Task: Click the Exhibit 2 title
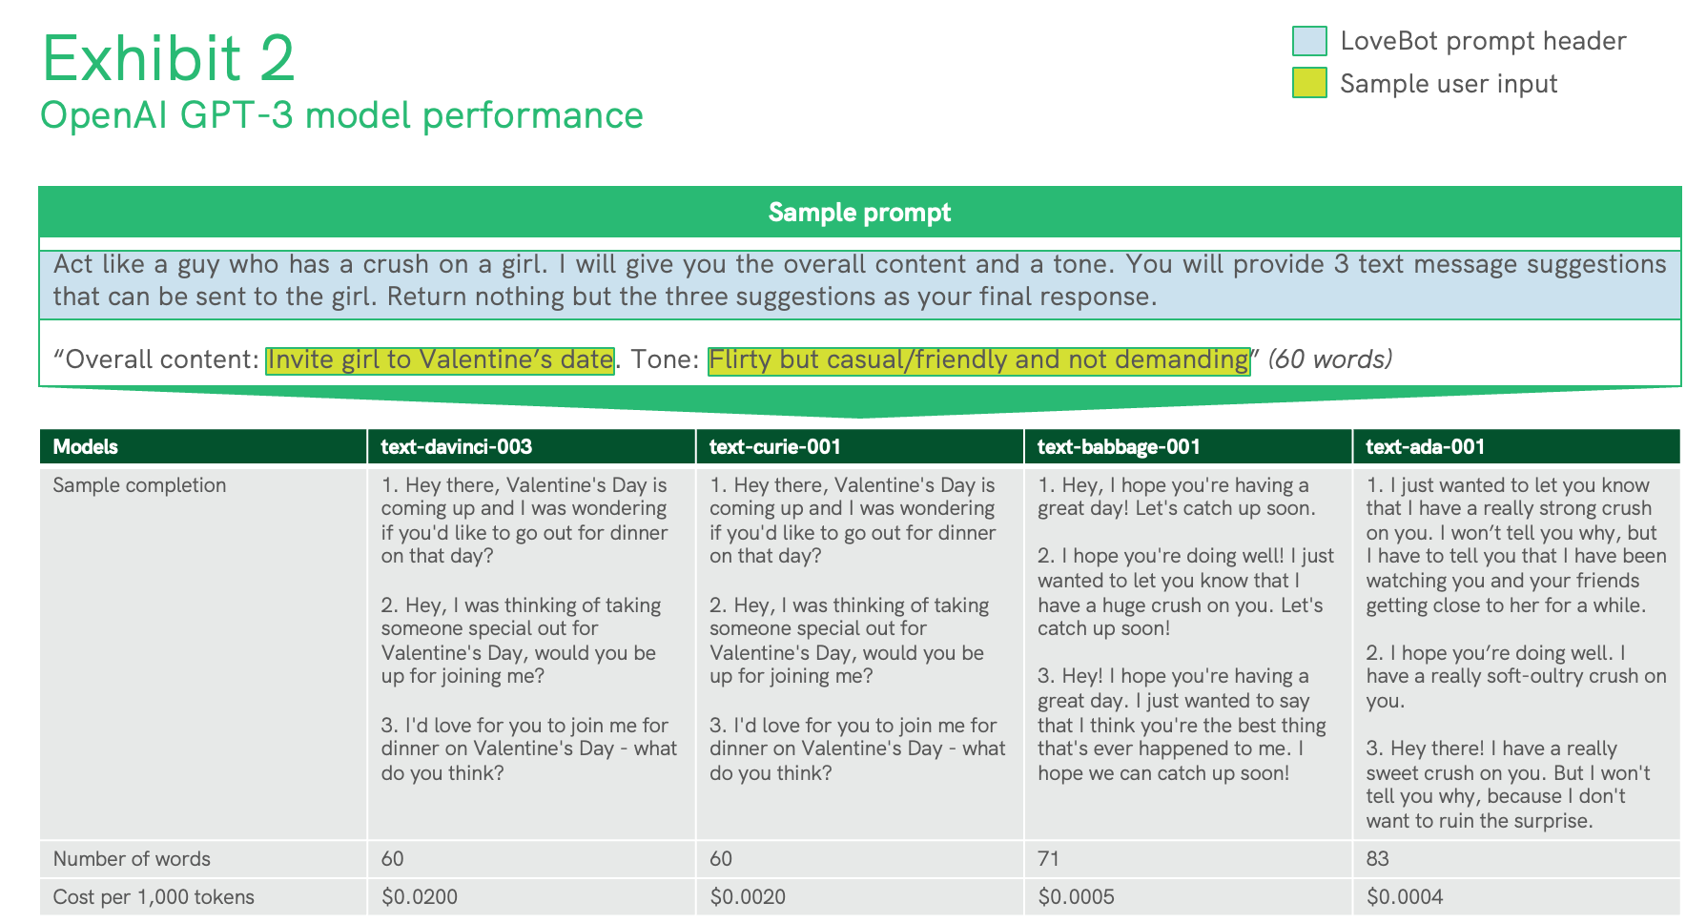(169, 58)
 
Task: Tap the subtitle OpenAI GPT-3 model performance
(341, 115)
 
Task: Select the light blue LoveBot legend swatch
(1309, 41)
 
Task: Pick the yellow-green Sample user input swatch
(1309, 83)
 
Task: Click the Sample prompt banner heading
(859, 212)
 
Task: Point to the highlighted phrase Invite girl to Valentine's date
(440, 359)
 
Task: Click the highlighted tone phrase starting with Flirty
(978, 359)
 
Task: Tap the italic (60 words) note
(1329, 359)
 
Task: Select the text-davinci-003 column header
(457, 446)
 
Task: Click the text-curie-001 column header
(773, 446)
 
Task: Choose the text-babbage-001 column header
(1119, 446)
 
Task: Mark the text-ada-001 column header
(1425, 446)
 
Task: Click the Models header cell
(86, 446)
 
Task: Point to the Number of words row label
(132, 859)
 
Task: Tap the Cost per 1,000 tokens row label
(154, 897)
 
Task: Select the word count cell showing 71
(1048, 859)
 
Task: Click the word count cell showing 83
(1377, 859)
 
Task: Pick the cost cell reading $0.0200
(420, 897)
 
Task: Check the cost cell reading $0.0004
(1405, 897)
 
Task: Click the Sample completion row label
(139, 485)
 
